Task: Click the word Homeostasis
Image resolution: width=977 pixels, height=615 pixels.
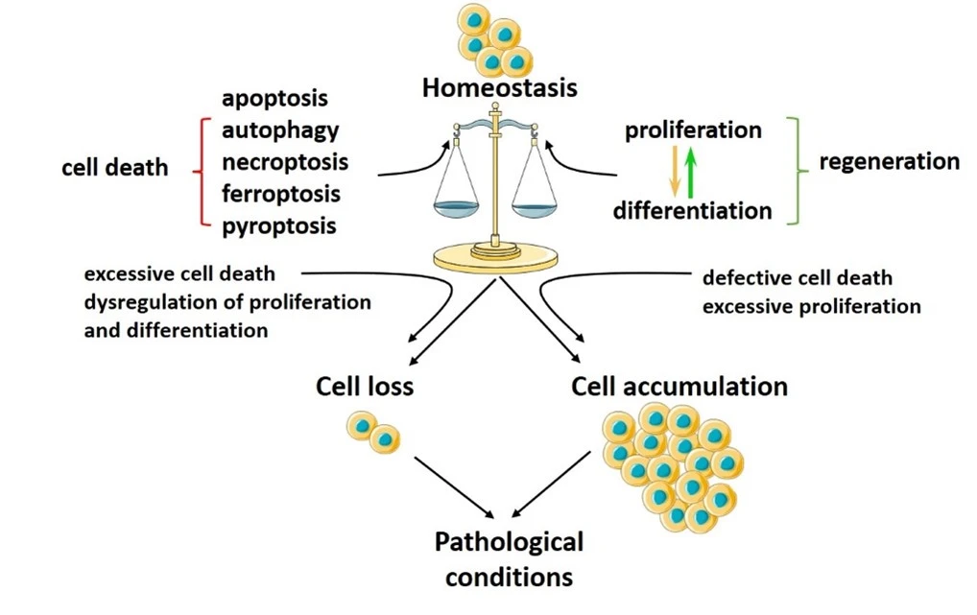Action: point(499,88)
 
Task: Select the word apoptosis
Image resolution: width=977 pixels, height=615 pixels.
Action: point(274,98)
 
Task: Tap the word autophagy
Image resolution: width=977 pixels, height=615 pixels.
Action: point(280,130)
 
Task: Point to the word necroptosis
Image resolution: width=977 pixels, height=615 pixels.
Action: point(285,161)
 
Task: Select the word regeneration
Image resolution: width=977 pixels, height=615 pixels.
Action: point(889,161)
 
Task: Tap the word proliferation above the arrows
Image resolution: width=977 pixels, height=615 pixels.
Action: point(693,130)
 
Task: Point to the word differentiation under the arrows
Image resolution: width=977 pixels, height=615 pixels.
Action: point(692,210)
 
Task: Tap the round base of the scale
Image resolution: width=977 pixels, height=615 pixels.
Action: point(496,258)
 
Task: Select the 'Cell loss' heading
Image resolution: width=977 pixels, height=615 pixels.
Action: point(365,386)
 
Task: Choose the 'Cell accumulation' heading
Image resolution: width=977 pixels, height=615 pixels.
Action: point(679,386)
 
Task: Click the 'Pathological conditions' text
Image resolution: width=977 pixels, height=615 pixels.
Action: point(509,559)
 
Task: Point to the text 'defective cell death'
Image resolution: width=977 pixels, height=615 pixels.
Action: point(797,278)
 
